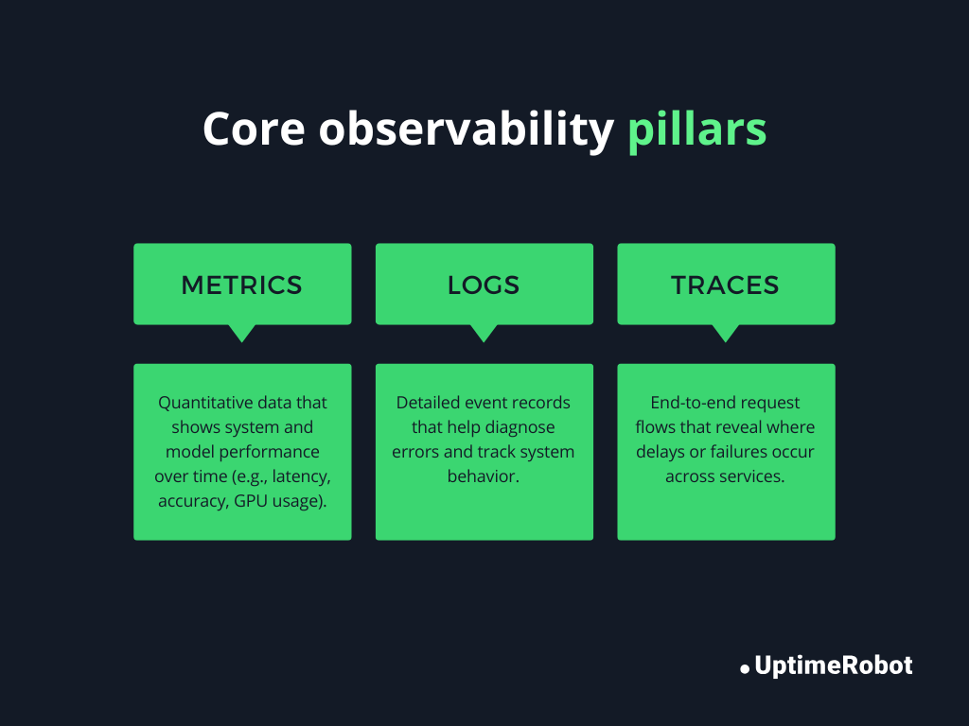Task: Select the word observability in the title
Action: [x=467, y=130]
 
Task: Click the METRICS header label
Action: [x=242, y=285]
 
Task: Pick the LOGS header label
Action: [x=484, y=285]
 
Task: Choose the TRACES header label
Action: [x=725, y=285]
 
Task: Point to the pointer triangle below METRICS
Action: [x=242, y=332]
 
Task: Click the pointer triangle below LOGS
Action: [x=484, y=332]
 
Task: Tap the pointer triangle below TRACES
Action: [x=726, y=332]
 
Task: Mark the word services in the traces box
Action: [x=753, y=476]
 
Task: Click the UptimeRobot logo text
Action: [x=834, y=665]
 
